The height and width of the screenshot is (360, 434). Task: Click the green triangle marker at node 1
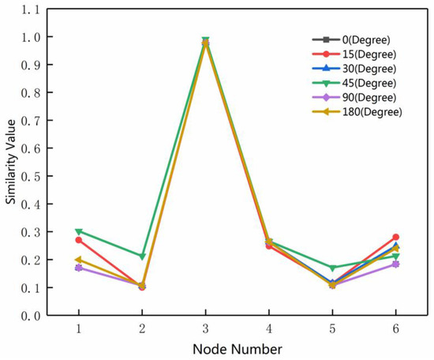point(78,232)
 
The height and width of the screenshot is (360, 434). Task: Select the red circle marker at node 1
point(78,240)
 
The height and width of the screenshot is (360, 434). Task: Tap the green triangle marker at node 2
point(142,257)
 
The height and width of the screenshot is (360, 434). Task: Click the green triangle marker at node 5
point(332,268)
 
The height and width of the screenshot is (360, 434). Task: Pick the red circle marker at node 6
point(395,237)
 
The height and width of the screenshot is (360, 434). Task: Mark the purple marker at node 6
point(395,264)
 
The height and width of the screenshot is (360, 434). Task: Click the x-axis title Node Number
point(237,347)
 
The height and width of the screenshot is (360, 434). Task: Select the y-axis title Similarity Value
point(11,176)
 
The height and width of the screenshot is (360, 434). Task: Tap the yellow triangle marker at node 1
point(78,260)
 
